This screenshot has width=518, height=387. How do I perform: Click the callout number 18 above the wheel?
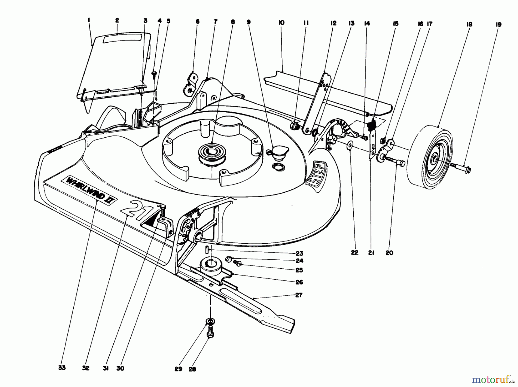[x=469, y=24]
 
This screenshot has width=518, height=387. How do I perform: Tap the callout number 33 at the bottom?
[x=62, y=368]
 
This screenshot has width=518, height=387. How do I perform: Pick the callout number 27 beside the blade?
[x=299, y=295]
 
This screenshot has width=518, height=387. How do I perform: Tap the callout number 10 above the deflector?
[x=281, y=22]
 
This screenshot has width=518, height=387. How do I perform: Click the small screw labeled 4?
[x=155, y=75]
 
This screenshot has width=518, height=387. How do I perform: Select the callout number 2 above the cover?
[x=117, y=20]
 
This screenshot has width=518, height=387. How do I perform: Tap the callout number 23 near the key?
[x=299, y=253]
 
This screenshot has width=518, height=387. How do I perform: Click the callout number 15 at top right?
[x=396, y=24]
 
